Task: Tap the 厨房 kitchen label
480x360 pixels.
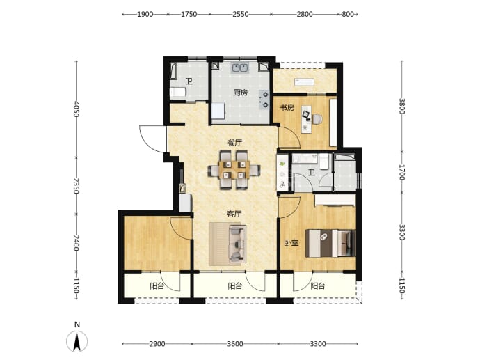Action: [240, 93]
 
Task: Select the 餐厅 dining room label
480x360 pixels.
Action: [235, 143]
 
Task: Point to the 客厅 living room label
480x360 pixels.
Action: [234, 214]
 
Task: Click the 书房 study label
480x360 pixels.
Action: [287, 108]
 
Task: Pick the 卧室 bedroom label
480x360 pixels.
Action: [291, 243]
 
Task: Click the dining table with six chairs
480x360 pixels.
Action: [234, 170]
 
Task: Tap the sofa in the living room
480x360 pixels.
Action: [238, 244]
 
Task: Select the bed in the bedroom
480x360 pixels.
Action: [330, 244]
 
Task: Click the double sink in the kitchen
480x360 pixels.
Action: [240, 68]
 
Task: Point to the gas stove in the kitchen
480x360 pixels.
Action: [264, 100]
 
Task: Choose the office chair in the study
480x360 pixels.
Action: [317, 119]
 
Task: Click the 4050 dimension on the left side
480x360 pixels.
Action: [77, 110]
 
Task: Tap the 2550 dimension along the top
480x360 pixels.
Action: [240, 14]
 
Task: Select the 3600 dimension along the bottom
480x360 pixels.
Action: [235, 344]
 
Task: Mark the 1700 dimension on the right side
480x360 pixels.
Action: [402, 172]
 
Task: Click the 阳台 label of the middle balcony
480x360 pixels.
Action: [235, 286]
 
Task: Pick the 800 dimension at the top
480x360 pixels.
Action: [347, 14]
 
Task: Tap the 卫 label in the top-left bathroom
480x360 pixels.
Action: [189, 81]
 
